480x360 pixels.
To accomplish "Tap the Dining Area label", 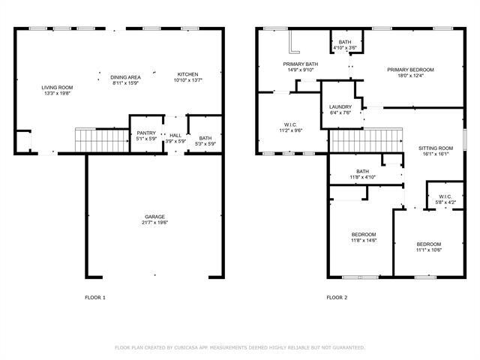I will coord(126,77).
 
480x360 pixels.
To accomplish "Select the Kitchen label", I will coord(187,74).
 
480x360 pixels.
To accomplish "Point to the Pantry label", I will coord(146,133).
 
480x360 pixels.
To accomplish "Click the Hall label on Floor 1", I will coord(175,135).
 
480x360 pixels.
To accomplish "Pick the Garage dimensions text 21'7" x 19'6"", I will coord(156,223).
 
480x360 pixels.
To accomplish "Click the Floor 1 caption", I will coord(94,298).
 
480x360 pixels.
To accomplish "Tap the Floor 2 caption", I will coord(337,298).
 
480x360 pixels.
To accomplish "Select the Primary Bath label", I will coord(300,64).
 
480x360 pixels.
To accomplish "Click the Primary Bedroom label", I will coord(410,70).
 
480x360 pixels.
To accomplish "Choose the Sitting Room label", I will coord(436,148).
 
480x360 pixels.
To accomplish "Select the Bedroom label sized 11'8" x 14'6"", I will coord(364,235).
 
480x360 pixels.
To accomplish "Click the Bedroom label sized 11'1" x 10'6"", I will coord(429,244).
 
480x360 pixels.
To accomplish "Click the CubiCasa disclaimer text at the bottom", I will coord(240,347).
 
